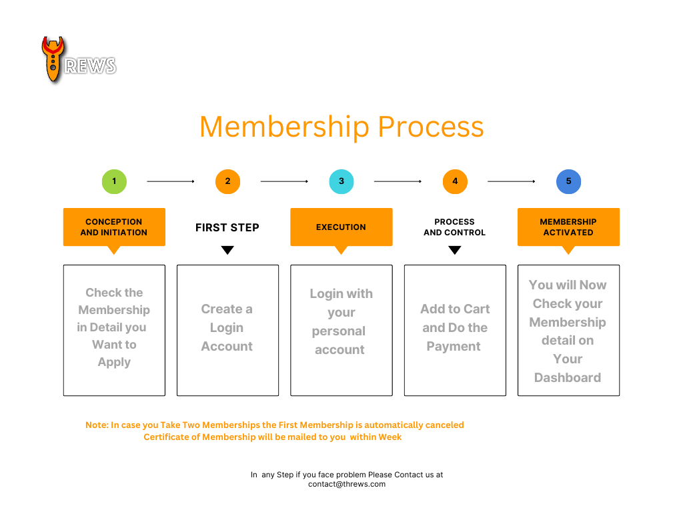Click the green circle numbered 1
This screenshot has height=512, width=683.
click(114, 181)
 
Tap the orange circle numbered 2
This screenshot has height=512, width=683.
click(228, 181)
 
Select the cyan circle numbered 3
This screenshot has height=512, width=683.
click(341, 181)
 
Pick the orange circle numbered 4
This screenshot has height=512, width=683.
click(455, 181)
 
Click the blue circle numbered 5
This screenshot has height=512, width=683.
click(568, 181)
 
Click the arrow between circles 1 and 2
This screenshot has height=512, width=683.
click(171, 181)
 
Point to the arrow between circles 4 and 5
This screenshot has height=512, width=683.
click(512, 181)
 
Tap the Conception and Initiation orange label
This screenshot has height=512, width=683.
click(114, 227)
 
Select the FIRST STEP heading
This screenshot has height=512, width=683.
click(227, 228)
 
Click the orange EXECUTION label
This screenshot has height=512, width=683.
click(341, 227)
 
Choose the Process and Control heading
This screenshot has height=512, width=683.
click(455, 227)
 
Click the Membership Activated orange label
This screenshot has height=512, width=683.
click(568, 227)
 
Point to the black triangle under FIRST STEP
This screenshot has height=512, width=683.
click(227, 249)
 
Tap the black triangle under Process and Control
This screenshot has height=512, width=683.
click(455, 249)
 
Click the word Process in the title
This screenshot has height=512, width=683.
click(431, 127)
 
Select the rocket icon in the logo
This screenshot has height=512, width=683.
click(53, 59)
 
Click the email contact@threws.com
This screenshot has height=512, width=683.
click(347, 484)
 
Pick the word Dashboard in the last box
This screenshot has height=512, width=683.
click(568, 377)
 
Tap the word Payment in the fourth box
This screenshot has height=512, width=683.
click(454, 347)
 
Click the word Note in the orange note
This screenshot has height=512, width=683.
click(96, 425)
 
